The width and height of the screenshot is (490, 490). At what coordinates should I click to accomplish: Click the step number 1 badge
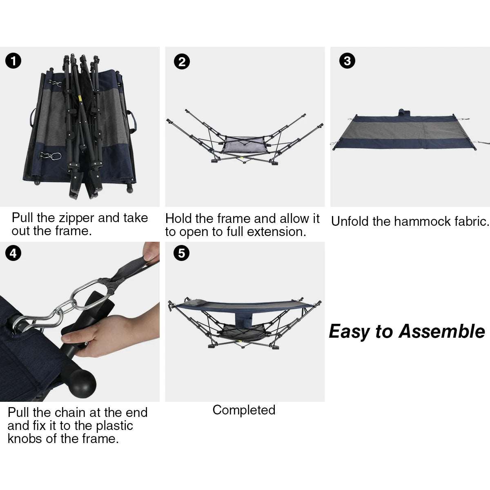pyautogui.click(x=14, y=61)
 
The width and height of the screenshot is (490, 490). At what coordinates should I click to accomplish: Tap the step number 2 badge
pyautogui.click(x=181, y=61)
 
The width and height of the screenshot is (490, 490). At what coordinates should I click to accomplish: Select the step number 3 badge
pyautogui.click(x=347, y=61)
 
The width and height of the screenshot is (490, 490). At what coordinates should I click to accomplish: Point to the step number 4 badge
pyautogui.click(x=13, y=254)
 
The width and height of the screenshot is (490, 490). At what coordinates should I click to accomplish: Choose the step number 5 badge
pyautogui.click(x=181, y=253)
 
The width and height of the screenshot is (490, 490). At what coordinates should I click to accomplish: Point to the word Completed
pyautogui.click(x=244, y=410)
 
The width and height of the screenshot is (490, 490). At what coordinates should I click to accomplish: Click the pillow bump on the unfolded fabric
pyautogui.click(x=403, y=112)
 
